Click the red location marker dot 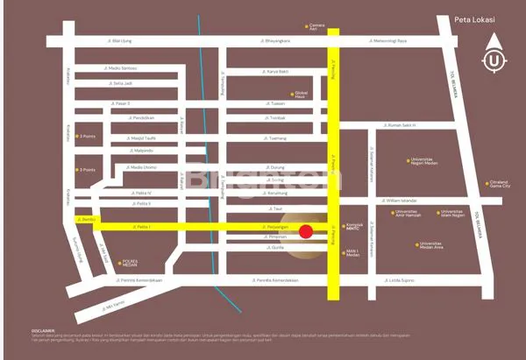(306, 231)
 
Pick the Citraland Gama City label (498, 184)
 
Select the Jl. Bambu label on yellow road (86, 218)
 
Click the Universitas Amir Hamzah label (409, 213)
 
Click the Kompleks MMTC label (354, 227)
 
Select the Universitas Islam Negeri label (453, 213)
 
